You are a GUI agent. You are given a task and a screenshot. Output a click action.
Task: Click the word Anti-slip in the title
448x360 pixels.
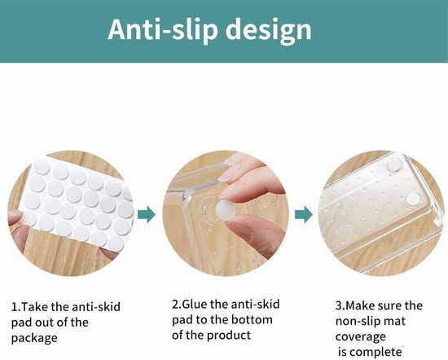(163, 29)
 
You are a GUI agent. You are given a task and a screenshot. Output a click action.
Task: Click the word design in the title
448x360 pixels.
(269, 31)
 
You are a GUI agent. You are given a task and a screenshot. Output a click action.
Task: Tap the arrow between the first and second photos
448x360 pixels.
(147, 214)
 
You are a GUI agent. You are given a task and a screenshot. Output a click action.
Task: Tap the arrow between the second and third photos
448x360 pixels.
(304, 214)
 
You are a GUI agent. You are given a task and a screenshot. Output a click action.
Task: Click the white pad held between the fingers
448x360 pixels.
(225, 211)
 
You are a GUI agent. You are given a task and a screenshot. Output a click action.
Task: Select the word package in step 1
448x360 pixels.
(34, 338)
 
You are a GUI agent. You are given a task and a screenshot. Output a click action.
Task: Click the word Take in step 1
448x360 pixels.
(35, 307)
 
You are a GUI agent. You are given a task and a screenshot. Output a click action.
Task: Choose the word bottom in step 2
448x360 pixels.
(252, 319)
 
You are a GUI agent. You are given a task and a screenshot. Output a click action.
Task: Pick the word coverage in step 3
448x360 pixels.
(361, 337)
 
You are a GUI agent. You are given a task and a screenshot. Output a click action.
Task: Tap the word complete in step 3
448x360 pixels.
(377, 353)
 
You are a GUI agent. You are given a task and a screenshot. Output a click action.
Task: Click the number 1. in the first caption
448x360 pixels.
(15, 307)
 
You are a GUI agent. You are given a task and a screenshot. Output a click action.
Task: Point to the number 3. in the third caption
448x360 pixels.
(340, 305)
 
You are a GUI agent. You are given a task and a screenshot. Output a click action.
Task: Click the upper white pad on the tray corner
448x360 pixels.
(394, 165)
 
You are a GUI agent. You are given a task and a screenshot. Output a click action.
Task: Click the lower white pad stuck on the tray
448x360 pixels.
(413, 199)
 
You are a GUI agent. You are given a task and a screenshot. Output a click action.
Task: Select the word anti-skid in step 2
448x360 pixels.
(255, 304)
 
